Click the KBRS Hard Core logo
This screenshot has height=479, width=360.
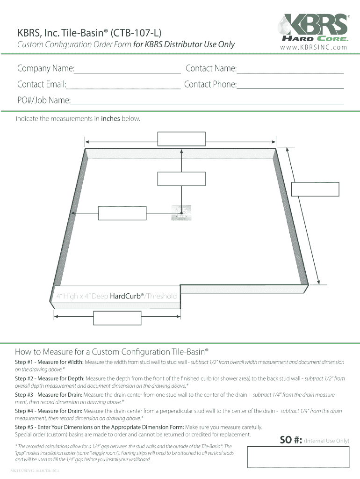pos(313,28)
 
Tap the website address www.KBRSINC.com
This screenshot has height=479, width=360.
pos(314,47)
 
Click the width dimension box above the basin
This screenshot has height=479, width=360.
pos(181,139)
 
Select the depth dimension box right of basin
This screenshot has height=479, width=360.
pos(315,189)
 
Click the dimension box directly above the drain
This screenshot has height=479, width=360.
pos(181,179)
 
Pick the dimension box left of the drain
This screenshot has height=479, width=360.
pos(122,213)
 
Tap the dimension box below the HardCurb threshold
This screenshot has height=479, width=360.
pos(117,318)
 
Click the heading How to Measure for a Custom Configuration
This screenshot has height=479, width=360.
pos(111,351)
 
